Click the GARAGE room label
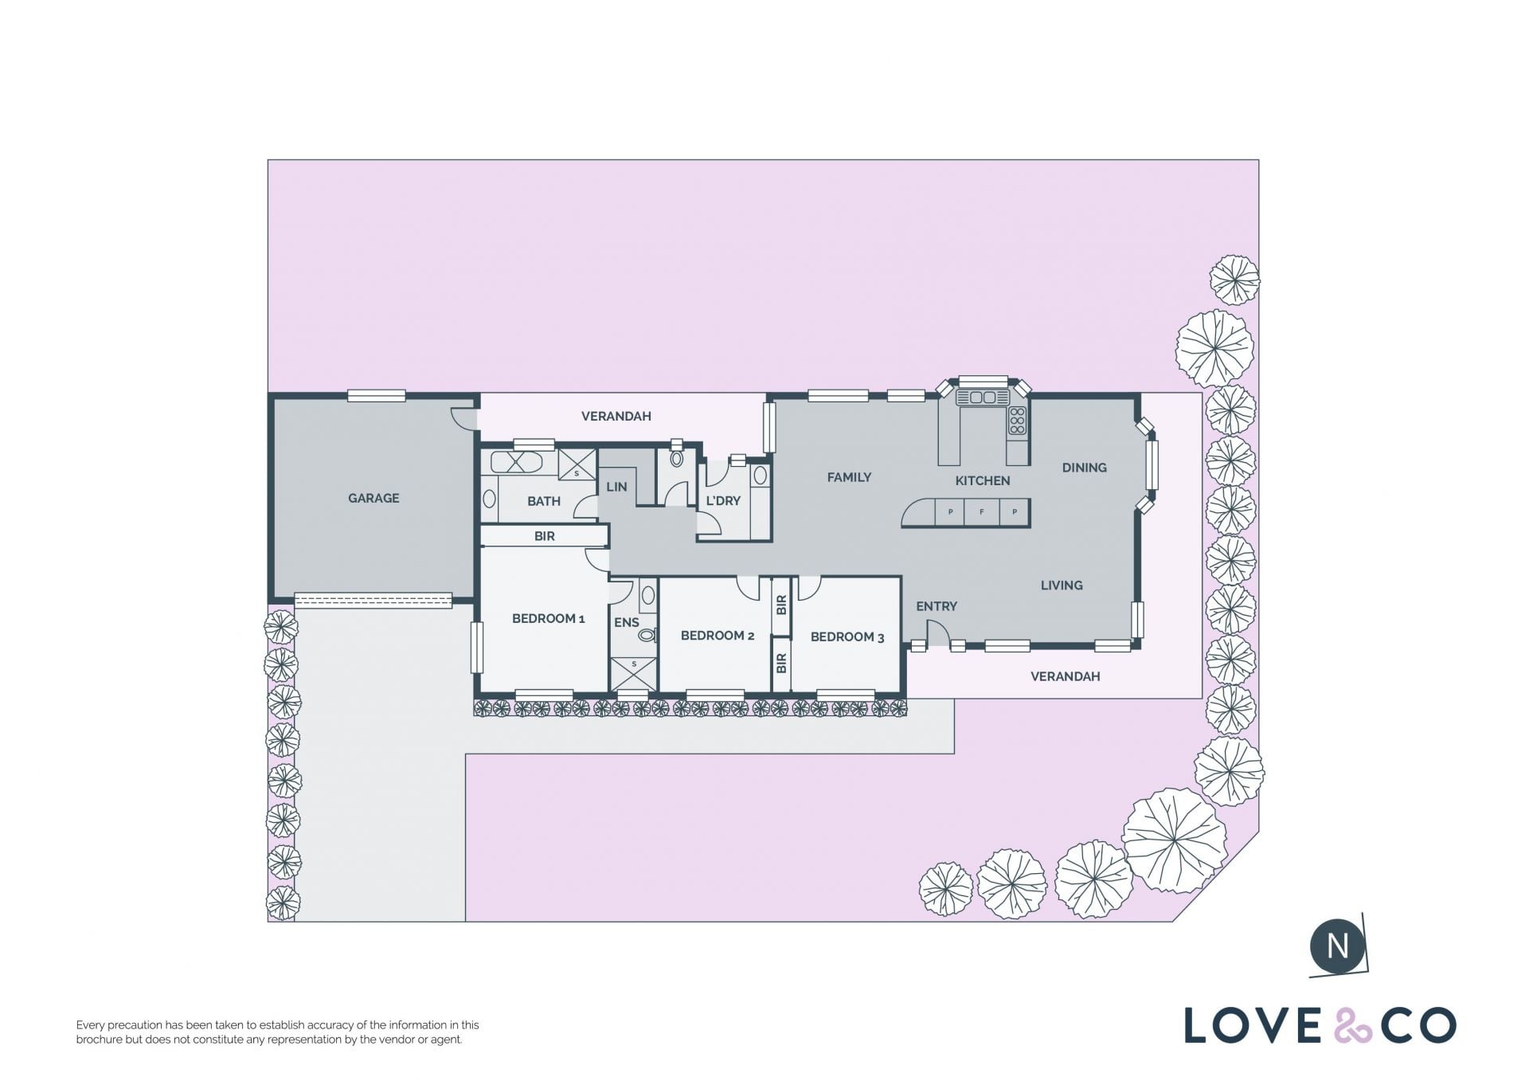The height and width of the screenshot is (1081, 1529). pyautogui.click(x=373, y=498)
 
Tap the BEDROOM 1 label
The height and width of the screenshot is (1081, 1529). pyautogui.click(x=548, y=618)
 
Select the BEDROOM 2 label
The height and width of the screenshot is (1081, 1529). pyautogui.click(x=718, y=635)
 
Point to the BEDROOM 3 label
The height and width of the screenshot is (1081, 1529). pyautogui.click(x=847, y=636)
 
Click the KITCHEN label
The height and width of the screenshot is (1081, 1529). pyautogui.click(x=983, y=480)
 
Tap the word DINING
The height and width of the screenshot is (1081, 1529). pyautogui.click(x=1085, y=468)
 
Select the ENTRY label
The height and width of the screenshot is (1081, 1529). pyautogui.click(x=937, y=606)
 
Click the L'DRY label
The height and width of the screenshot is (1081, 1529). pyautogui.click(x=723, y=500)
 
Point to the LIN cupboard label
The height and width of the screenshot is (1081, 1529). pyautogui.click(x=617, y=487)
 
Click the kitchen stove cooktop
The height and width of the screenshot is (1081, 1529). pyautogui.click(x=1017, y=421)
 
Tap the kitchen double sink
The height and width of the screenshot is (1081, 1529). pyautogui.click(x=983, y=397)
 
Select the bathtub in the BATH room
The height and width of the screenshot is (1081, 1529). pyautogui.click(x=516, y=462)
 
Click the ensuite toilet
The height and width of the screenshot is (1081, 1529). pyautogui.click(x=647, y=635)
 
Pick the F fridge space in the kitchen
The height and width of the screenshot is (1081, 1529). pyautogui.click(x=982, y=512)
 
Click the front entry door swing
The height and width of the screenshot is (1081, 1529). pyautogui.click(x=938, y=633)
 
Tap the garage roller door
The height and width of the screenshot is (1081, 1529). pyautogui.click(x=373, y=600)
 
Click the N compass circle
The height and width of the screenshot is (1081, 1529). pyautogui.click(x=1338, y=946)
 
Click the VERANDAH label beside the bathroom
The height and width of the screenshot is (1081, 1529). pyautogui.click(x=616, y=416)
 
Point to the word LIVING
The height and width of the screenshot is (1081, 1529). pyautogui.click(x=1062, y=586)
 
